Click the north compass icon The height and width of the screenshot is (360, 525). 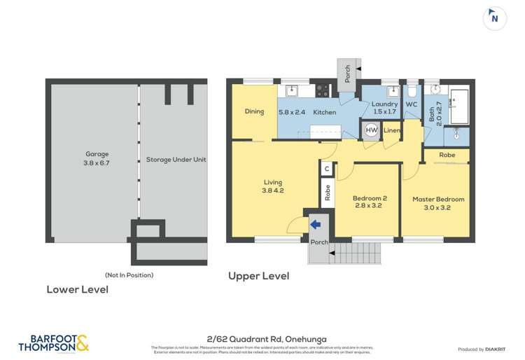point(495,18)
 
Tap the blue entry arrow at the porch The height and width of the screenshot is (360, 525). point(315,224)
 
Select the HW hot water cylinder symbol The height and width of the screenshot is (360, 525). point(371,130)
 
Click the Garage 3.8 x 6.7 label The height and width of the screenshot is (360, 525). point(97,158)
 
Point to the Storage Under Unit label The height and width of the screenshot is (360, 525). point(176,160)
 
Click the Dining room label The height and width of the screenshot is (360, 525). point(253,111)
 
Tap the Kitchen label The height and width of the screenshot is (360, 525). point(324,112)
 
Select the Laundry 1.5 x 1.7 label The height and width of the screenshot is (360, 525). point(384,108)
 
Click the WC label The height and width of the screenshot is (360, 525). point(411,104)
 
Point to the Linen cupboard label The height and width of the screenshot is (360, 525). point(392,131)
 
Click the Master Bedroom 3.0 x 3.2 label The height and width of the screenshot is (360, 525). point(438,203)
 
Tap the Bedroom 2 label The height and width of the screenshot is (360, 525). point(370,202)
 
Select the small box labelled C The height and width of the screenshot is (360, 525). point(326,169)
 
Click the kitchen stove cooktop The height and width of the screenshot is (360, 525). point(322,90)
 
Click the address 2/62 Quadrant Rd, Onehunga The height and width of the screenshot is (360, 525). point(261,338)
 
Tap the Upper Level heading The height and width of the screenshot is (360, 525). point(258,276)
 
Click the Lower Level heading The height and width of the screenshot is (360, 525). point(77,289)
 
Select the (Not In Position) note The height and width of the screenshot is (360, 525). point(129,275)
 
